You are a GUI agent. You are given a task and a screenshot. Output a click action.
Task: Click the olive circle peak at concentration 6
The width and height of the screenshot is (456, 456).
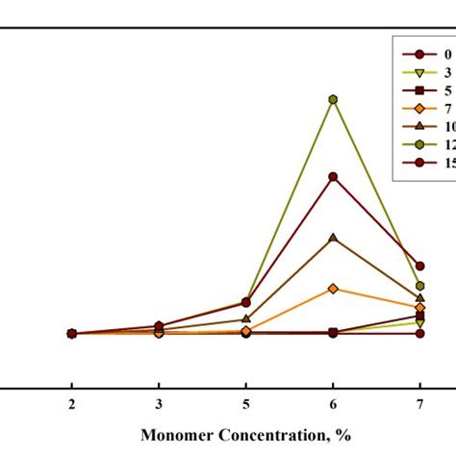coord(333,99)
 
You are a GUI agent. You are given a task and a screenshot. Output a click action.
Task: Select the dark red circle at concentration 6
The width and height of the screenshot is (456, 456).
coord(333,176)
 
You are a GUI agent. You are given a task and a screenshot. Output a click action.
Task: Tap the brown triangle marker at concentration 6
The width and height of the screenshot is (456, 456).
coord(333,237)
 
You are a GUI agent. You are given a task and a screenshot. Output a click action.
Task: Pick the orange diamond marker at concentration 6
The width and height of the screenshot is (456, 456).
coord(333,289)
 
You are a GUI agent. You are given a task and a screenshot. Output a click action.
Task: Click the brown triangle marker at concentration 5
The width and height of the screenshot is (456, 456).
coord(246,318)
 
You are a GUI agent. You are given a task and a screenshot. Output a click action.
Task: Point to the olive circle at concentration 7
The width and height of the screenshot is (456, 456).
coord(420,286)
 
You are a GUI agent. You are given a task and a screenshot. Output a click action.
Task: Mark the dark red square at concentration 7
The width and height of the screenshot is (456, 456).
coord(420,316)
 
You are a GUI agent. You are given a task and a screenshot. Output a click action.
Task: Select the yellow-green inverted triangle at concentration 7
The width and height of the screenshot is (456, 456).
coord(420,323)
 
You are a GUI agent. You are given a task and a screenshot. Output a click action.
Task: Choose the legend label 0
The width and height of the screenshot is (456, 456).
coord(445,54)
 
